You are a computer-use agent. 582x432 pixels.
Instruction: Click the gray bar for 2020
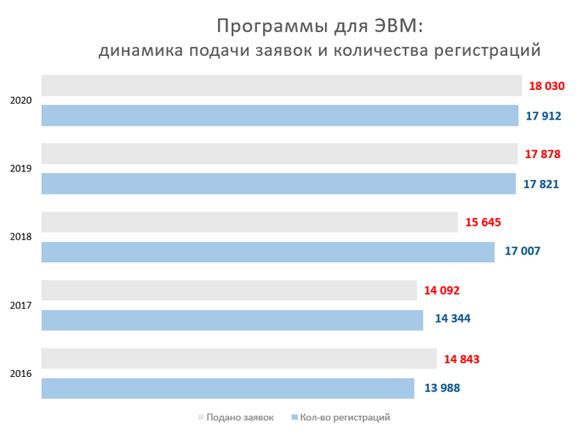coord(281,86)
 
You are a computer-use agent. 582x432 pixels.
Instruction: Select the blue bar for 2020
coord(279,116)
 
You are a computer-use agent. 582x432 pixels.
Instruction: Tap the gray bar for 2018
coord(249,223)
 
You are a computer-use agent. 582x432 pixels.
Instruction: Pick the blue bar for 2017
coord(231,320)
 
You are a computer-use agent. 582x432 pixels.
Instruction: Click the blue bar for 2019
coord(278,184)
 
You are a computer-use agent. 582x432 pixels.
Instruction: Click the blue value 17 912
coord(543,116)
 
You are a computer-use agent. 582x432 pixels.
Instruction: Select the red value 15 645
coord(483,223)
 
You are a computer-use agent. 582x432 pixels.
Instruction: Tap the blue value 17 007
coord(522,251)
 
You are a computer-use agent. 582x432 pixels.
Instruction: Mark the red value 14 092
coord(442,291)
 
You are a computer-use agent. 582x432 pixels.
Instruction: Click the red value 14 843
coord(462,359)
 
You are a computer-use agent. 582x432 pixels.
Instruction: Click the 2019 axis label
coord(21,169)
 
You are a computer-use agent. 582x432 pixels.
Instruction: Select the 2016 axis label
coord(21,374)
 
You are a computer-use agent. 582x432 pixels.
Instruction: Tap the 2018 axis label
coord(21,237)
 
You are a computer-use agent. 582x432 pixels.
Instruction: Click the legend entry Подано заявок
coord(240,417)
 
